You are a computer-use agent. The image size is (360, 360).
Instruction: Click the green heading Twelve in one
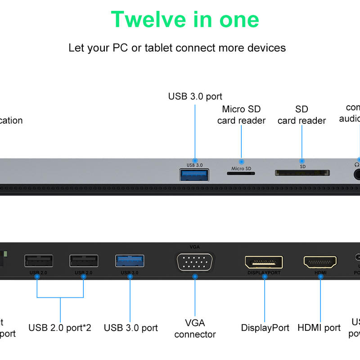pyautogui.click(x=185, y=20)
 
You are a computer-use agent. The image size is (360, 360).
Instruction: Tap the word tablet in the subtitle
pyautogui.click(x=159, y=48)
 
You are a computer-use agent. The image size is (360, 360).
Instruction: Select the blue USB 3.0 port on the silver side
pyautogui.click(x=194, y=175)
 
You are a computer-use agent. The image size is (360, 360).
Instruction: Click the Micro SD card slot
pyautogui.click(x=241, y=173)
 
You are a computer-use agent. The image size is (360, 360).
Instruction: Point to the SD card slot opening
pyautogui.click(x=302, y=173)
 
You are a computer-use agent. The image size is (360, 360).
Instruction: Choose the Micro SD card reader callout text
pyautogui.click(x=241, y=115)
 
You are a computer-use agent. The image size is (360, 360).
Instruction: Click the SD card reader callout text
pyautogui.click(x=301, y=115)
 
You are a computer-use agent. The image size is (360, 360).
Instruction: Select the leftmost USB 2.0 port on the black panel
pyautogui.click(x=38, y=261)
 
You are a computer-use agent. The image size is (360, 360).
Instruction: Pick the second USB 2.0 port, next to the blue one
pyautogui.click(x=84, y=261)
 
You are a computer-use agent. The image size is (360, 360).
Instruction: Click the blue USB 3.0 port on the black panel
pyautogui.click(x=130, y=261)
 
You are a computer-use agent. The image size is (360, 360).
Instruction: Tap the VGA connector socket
pyautogui.click(x=195, y=262)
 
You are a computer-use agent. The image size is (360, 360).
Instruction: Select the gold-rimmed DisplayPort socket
pyautogui.click(x=264, y=262)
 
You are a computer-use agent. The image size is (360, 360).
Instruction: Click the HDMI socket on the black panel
pyautogui.click(x=320, y=262)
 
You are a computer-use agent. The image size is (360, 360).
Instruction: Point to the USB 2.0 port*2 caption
pyautogui.click(x=60, y=328)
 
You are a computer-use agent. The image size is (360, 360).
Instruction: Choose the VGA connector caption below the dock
pyautogui.click(x=195, y=328)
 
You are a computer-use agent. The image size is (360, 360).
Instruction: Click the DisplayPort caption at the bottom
pyautogui.click(x=265, y=328)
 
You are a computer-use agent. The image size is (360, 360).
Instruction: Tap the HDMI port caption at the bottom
pyautogui.click(x=319, y=328)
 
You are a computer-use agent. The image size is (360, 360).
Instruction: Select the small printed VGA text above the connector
pyautogui.click(x=194, y=247)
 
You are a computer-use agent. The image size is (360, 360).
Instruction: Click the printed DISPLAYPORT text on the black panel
pyautogui.click(x=264, y=273)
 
